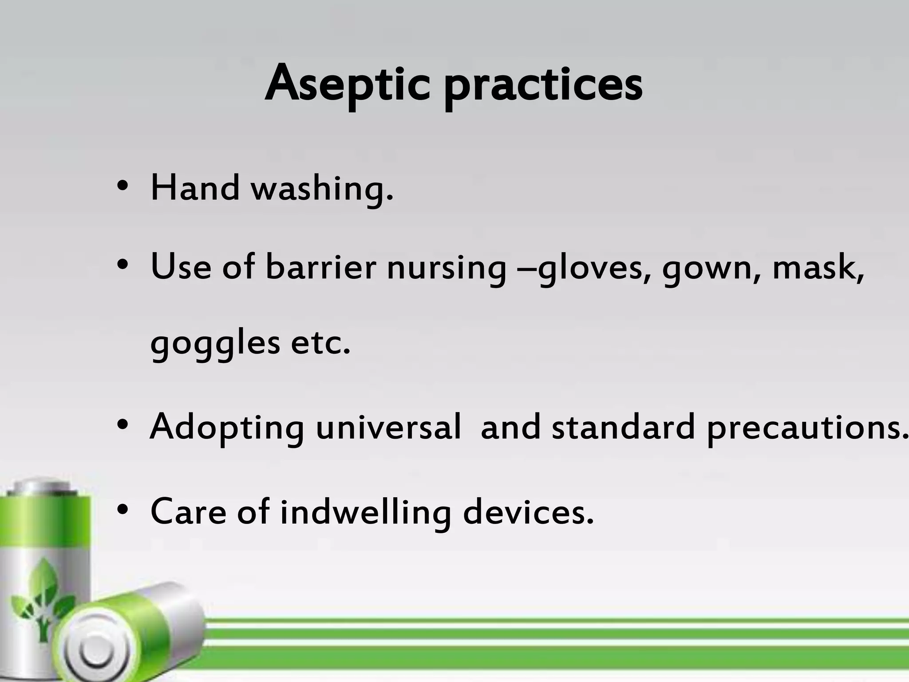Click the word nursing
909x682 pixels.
coord(446,269)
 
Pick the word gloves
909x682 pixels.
coord(590,269)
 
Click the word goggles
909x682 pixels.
coord(215,345)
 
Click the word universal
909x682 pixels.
coord(388,427)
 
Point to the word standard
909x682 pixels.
coord(623,427)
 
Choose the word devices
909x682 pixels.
coord(528,511)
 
